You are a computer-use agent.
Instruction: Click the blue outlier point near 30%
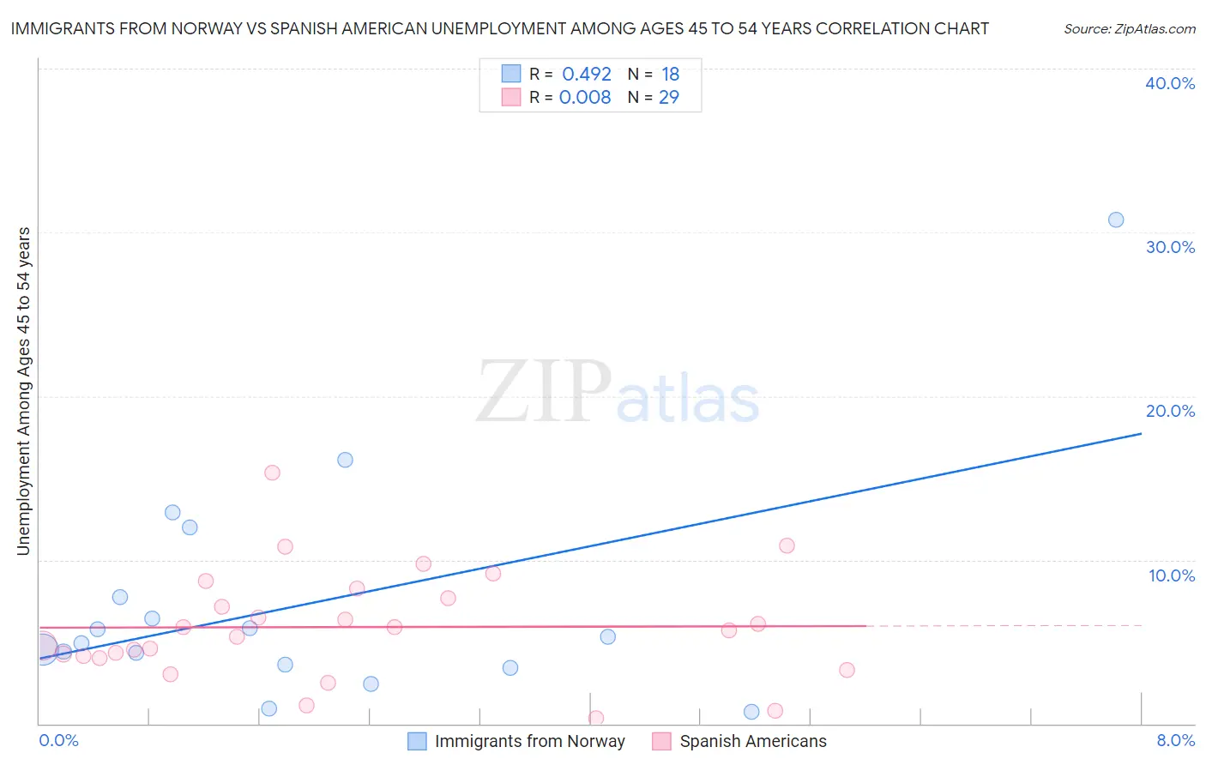pyautogui.click(x=1115, y=220)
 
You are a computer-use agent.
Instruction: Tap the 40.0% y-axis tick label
pyautogui.click(x=1170, y=83)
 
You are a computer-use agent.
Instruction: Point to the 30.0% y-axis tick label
pyautogui.click(x=1170, y=247)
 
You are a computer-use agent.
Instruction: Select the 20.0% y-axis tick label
pyautogui.click(x=1170, y=411)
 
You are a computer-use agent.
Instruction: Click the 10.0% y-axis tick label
pyautogui.click(x=1172, y=575)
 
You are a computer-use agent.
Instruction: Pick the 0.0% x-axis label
pyautogui.click(x=58, y=740)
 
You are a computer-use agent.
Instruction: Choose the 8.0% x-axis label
pyautogui.click(x=1175, y=740)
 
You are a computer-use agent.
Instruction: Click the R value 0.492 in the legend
pyautogui.click(x=587, y=74)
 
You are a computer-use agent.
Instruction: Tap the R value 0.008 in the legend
pyautogui.click(x=585, y=97)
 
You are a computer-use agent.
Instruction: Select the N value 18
pyautogui.click(x=670, y=74)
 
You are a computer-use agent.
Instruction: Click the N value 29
pyautogui.click(x=669, y=97)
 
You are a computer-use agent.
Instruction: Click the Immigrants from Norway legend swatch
pyautogui.click(x=417, y=741)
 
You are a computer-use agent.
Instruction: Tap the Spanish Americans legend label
pyautogui.click(x=753, y=741)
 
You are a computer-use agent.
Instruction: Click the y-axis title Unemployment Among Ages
pyautogui.click(x=24, y=390)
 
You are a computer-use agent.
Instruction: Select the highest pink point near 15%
pyautogui.click(x=272, y=473)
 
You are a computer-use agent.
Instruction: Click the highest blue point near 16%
pyautogui.click(x=345, y=460)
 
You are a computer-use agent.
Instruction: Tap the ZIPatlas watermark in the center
pyautogui.click(x=618, y=393)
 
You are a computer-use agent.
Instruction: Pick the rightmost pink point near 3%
pyautogui.click(x=847, y=670)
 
